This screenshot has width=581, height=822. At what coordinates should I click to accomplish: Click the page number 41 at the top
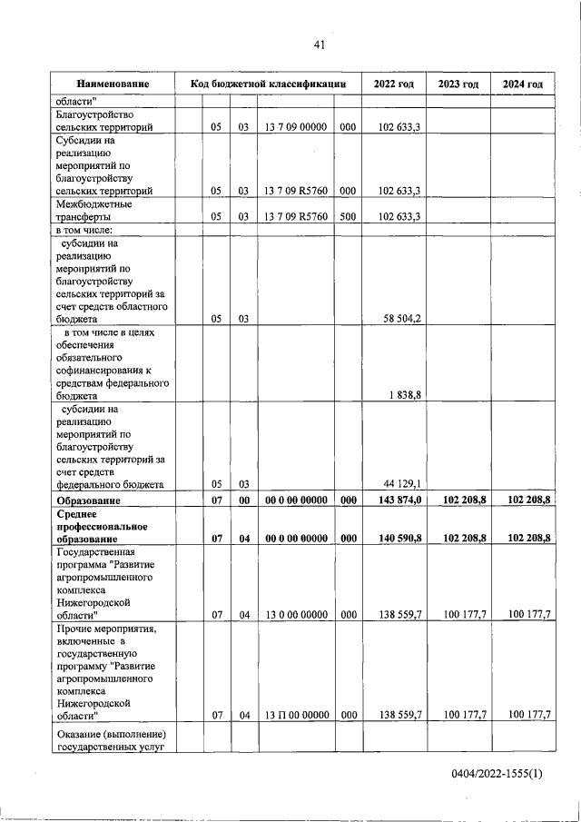click(319, 45)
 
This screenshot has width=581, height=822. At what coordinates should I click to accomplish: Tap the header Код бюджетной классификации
click(269, 84)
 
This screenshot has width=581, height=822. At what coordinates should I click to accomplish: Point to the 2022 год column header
click(393, 84)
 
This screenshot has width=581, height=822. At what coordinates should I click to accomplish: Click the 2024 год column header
click(522, 84)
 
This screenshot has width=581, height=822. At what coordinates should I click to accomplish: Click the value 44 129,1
click(399, 484)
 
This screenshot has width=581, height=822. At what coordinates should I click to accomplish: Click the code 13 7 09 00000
click(296, 128)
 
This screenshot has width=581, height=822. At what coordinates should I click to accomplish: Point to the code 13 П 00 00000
click(296, 715)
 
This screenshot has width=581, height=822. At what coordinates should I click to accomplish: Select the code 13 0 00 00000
click(296, 615)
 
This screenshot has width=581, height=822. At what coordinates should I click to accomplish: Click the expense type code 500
click(348, 217)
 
